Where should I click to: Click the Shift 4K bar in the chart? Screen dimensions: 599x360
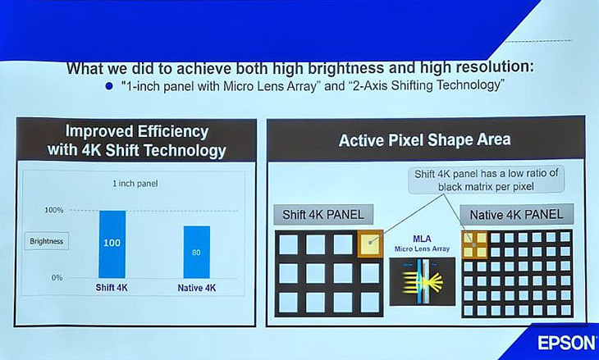(112, 244)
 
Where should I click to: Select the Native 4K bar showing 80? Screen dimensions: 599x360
(197, 252)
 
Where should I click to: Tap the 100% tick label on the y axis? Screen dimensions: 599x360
(54, 210)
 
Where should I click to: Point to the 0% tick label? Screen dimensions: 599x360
(57, 277)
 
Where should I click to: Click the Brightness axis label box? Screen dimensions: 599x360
(47, 241)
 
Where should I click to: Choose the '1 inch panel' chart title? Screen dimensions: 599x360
(135, 184)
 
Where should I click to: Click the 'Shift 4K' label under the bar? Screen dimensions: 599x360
(112, 288)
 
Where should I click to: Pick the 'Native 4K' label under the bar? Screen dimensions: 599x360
(197, 288)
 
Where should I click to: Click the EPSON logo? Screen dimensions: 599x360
(566, 343)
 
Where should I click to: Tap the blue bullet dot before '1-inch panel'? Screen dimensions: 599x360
(109, 87)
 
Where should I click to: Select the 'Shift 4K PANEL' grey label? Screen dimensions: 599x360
(323, 215)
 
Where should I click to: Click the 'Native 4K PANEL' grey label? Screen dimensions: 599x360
(516, 214)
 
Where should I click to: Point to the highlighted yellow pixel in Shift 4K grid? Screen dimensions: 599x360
(370, 244)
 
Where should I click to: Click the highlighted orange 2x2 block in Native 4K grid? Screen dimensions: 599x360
(475, 244)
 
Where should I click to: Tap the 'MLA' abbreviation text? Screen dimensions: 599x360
(422, 239)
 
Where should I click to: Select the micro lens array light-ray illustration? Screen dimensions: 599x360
(422, 281)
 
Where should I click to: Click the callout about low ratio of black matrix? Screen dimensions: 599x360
(487, 180)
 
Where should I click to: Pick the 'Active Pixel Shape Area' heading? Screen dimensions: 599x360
(425, 140)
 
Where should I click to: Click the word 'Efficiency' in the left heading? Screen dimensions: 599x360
(173, 132)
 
